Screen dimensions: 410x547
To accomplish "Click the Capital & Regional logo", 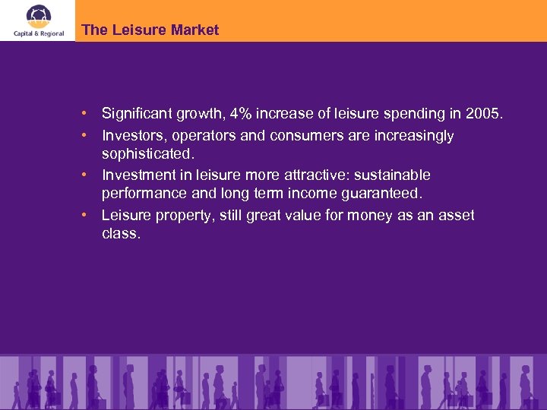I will [x=37, y=20].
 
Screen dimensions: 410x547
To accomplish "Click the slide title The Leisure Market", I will [x=150, y=30].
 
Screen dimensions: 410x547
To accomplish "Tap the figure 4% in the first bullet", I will [x=241, y=114].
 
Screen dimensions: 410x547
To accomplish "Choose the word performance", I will [x=143, y=194].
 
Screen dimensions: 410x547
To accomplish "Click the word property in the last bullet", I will [x=183, y=216].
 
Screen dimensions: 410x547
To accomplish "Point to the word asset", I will [x=456, y=216].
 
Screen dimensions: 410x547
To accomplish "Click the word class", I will [x=121, y=234].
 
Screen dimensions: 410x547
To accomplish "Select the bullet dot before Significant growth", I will [x=87, y=114].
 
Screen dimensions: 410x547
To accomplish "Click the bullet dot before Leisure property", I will [x=87, y=216].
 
